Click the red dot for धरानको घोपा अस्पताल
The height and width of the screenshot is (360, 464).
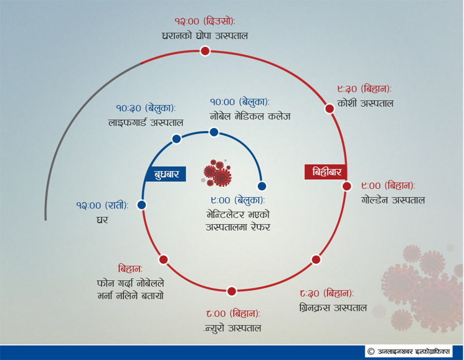pos(205,51)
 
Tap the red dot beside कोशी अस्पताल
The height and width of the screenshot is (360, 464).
pos(329,109)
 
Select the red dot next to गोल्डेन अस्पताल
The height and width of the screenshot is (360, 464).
pos(347,186)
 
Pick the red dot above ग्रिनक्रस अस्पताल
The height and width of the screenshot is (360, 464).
pos(316,260)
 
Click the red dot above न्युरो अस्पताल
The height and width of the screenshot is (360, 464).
pos(231,291)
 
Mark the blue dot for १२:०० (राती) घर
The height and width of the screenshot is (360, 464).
pos(141,205)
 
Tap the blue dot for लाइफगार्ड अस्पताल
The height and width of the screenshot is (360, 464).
pos(177,139)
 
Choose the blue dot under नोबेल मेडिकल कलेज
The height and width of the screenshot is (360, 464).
pos(214,132)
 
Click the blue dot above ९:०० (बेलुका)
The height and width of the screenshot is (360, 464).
pos(262,186)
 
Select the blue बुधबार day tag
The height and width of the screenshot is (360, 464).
pos(165,174)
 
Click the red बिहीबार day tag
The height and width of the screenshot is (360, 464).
pos(326,172)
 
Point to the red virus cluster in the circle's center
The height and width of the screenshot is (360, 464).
pos(218,173)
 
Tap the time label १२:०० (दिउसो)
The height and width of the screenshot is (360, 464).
pos(205,21)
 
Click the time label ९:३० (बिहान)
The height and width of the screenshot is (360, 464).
pos(364,89)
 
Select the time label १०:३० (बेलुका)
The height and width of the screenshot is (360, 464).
pos(145,108)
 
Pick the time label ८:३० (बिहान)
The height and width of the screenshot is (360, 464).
pos(326,293)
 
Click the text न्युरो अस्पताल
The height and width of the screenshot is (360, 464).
pos(233,328)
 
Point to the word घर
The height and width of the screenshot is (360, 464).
pos(103,220)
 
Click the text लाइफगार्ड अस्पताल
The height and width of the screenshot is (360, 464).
pos(145,123)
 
